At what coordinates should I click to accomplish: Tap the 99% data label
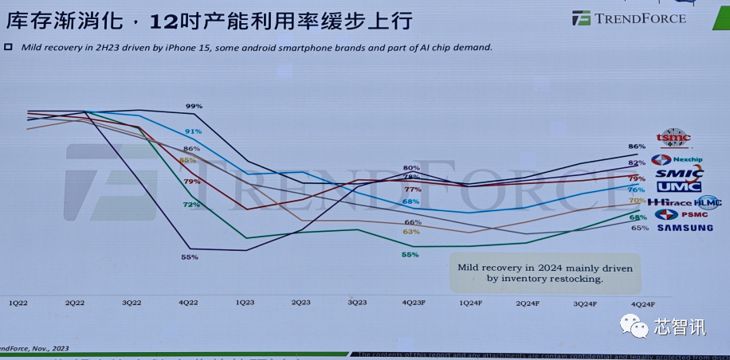click(194, 106)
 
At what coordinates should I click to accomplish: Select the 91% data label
click(193, 131)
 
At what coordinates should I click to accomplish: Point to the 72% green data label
click(191, 205)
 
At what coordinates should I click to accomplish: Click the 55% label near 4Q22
click(190, 257)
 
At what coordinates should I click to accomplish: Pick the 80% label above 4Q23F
click(411, 168)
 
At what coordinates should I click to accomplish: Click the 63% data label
click(411, 232)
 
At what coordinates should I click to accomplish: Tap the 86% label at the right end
click(637, 147)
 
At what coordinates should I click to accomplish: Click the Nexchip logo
click(676, 159)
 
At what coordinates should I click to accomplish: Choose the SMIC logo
click(678, 174)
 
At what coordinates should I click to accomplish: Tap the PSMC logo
click(677, 214)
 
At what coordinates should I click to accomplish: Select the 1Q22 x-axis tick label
click(19, 303)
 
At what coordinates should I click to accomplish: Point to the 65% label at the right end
click(639, 228)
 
